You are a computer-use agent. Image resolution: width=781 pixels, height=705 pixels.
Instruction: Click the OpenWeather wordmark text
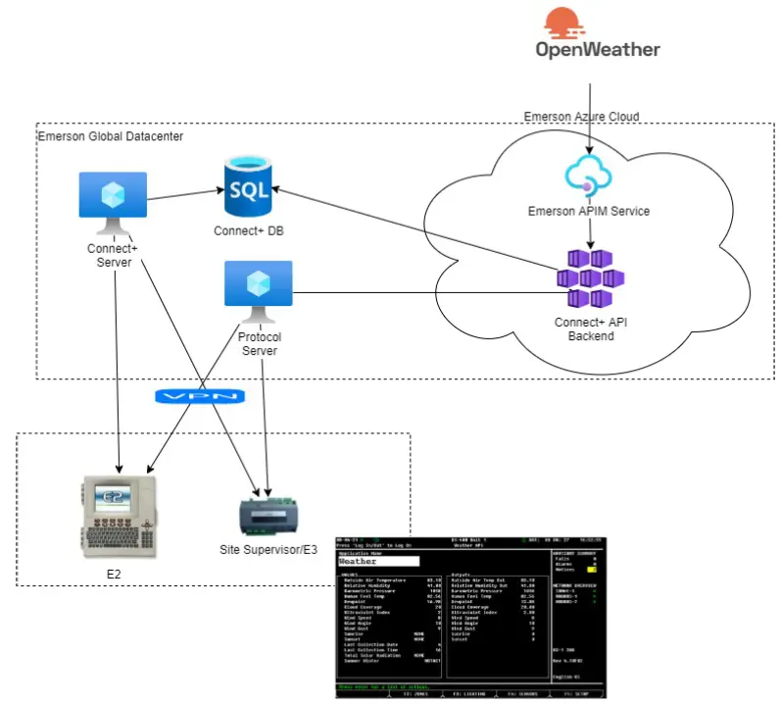(597, 48)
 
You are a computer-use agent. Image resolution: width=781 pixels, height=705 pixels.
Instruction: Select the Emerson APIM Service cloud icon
(589, 175)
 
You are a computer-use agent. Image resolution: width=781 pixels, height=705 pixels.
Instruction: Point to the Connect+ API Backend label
(589, 328)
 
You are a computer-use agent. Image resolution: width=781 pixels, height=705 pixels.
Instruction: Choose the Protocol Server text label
(259, 344)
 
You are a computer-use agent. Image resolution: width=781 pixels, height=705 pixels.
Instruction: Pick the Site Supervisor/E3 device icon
(268, 516)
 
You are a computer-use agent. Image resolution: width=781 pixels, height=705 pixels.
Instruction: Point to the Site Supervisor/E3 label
(268, 550)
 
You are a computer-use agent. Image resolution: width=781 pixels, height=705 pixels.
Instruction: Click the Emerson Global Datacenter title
(110, 135)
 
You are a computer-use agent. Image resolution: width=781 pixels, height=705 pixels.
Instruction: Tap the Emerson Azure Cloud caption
(581, 117)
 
